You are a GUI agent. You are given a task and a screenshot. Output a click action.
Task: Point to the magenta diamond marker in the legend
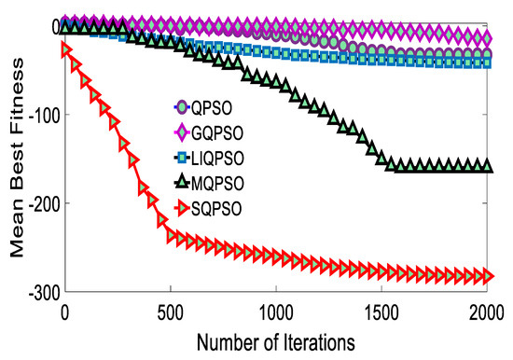tap(183, 131)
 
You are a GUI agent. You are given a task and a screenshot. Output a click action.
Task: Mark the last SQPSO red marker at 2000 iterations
tap(486, 276)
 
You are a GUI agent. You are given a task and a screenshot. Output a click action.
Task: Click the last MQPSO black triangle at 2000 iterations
tap(486, 166)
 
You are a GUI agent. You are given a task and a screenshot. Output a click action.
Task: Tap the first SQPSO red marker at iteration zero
tap(66, 49)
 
